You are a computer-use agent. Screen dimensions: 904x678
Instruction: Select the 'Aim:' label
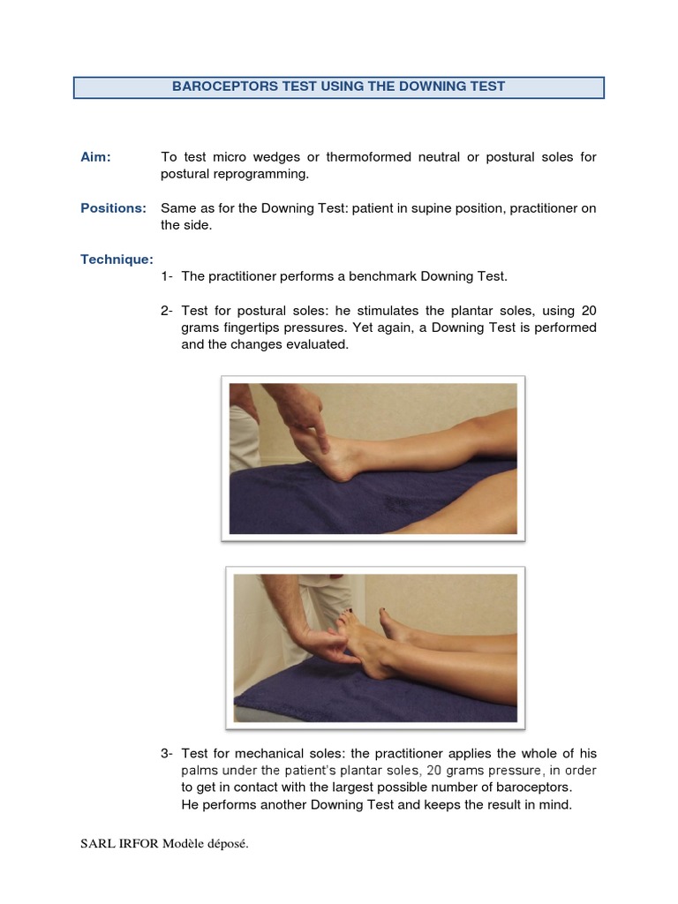96,157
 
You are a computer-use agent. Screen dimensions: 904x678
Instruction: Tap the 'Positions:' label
113,208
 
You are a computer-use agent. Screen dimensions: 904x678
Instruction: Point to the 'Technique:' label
117,260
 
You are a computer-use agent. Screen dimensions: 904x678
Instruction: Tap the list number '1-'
168,276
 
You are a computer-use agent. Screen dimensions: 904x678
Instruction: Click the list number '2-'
168,311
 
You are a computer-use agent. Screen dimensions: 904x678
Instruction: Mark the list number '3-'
168,753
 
